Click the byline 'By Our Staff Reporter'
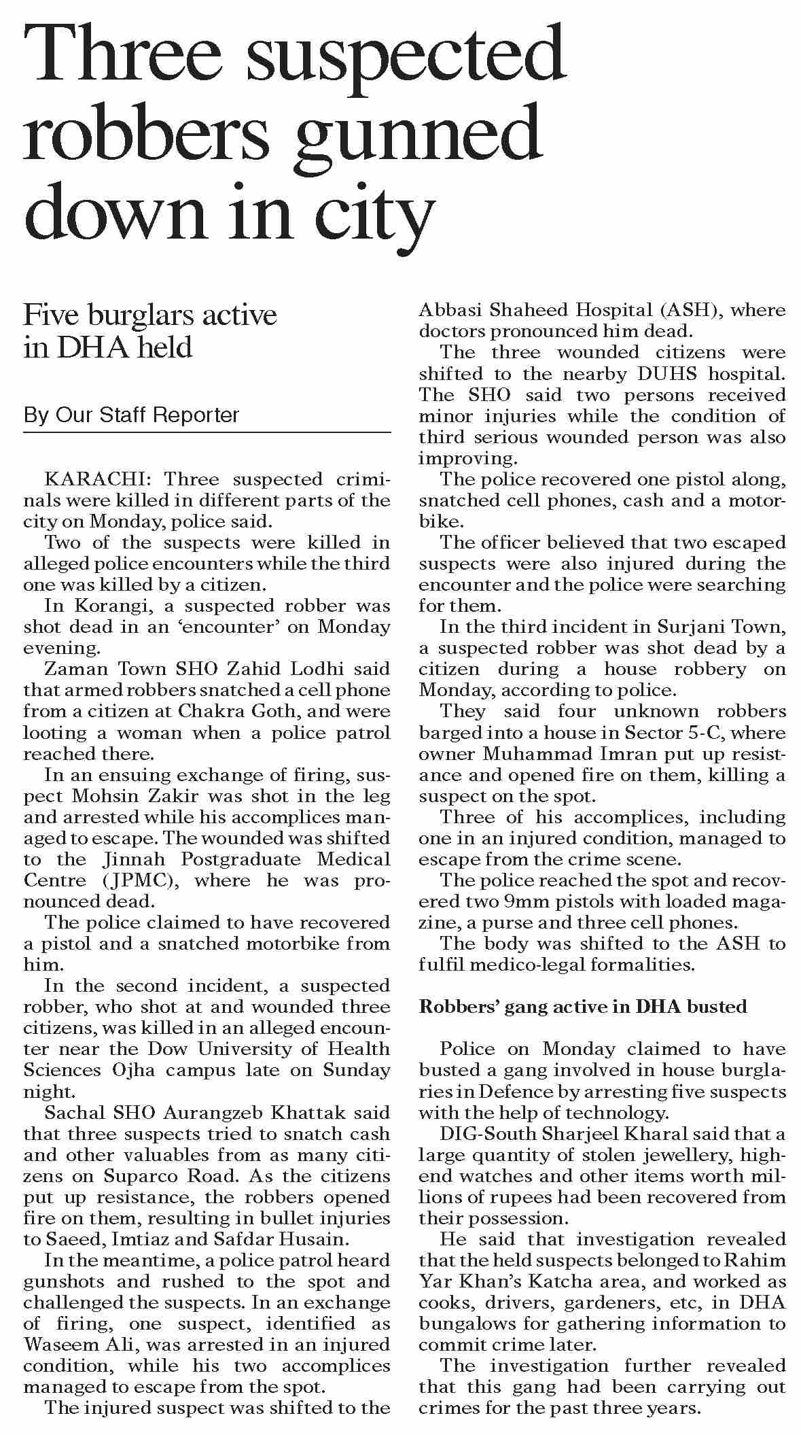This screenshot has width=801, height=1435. click(131, 415)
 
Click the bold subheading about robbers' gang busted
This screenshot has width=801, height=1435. click(583, 1006)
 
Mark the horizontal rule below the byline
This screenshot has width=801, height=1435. click(207, 432)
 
